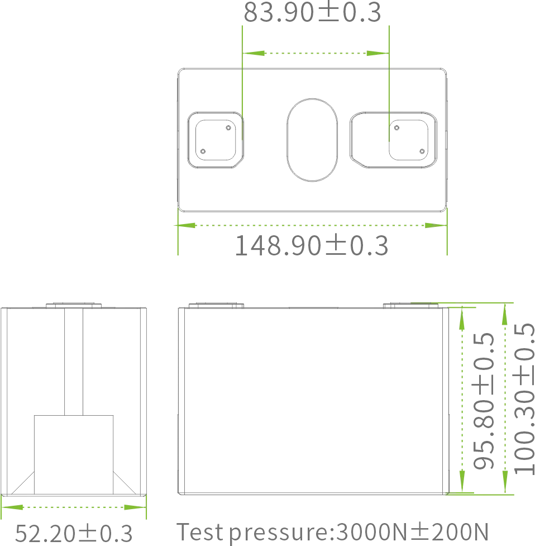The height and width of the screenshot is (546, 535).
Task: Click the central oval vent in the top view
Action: [312, 139]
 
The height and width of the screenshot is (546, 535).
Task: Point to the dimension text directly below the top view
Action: [311, 246]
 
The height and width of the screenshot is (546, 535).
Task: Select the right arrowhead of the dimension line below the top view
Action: [431, 226]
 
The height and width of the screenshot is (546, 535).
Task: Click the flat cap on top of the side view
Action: [74, 302]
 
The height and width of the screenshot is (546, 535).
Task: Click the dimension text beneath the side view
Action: [74, 534]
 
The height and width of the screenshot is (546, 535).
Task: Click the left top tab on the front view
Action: [216, 303]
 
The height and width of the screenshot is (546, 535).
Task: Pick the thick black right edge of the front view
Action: [445, 400]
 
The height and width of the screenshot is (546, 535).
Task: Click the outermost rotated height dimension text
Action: [524, 400]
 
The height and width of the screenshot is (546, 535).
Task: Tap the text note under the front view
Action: [333, 533]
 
